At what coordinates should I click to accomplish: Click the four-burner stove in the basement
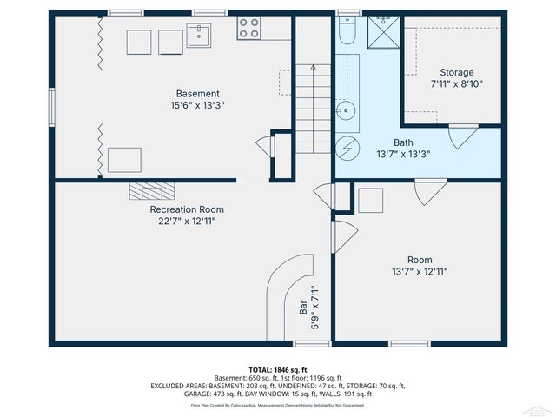coord(249,29)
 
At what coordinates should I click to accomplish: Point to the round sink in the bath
coord(347,110)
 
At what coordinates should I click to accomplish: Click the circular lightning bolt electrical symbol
coord(347,147)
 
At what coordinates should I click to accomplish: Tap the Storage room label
coord(456,73)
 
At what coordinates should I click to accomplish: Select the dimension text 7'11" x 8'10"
coord(456,84)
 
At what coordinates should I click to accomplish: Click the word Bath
coord(403,142)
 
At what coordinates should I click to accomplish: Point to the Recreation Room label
coord(187,209)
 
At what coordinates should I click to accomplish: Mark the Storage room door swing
coord(462,136)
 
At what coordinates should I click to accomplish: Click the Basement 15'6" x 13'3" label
coord(197,100)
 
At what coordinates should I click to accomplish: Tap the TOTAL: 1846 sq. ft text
coord(278,370)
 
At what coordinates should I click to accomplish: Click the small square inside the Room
coord(371,200)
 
